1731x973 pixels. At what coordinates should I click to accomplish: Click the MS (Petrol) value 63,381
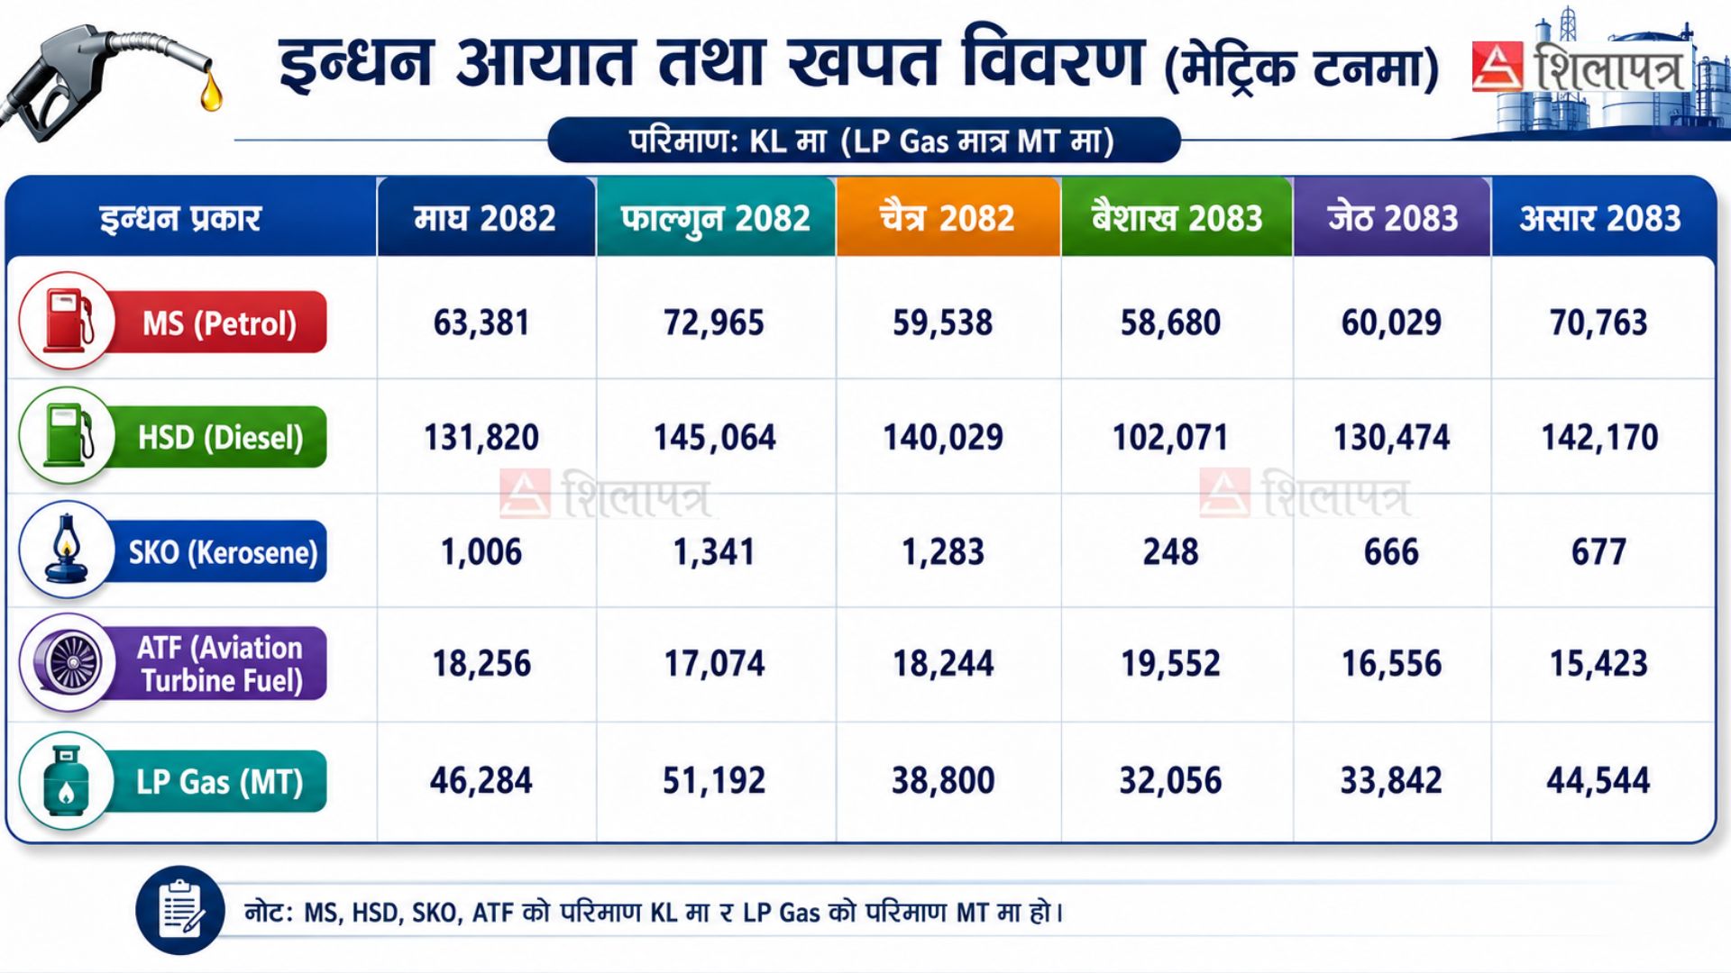[481, 323]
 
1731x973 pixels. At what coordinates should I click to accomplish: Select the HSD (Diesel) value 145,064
[714, 438]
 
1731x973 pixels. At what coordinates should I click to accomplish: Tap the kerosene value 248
[1170, 551]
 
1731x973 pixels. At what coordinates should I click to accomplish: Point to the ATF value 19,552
[1170, 664]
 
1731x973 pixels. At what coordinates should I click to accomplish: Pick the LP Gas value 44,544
[1598, 780]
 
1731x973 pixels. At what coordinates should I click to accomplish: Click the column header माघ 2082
[485, 218]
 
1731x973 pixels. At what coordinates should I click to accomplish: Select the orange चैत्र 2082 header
[948, 218]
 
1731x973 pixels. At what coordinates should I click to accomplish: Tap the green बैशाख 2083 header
[1177, 218]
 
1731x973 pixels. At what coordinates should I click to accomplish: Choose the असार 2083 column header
[1600, 218]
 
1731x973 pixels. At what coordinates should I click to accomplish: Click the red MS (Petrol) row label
[219, 323]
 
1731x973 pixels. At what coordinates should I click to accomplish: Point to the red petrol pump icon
[68, 321]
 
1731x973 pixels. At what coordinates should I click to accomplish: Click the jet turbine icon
[68, 663]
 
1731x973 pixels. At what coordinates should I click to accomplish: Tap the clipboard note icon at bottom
[180, 910]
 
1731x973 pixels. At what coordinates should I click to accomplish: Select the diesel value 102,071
[1170, 438]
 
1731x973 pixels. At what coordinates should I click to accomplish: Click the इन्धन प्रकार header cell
[180, 218]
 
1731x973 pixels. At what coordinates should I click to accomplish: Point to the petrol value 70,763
[1598, 323]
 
